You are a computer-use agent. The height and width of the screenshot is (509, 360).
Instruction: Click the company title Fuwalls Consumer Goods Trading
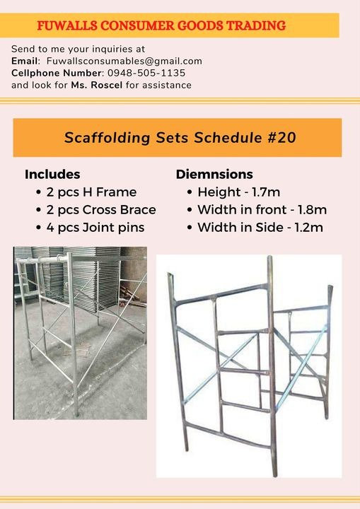click(x=161, y=25)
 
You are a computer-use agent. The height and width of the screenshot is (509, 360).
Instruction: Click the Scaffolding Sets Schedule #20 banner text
click(x=180, y=137)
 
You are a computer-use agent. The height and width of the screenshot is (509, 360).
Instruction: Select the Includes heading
click(x=52, y=174)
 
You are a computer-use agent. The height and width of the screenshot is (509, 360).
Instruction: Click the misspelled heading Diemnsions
click(x=214, y=174)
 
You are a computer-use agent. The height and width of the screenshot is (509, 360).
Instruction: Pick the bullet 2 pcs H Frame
click(x=91, y=192)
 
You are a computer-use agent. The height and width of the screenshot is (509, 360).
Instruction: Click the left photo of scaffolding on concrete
click(x=80, y=332)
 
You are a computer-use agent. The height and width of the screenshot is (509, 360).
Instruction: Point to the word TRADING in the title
click(x=257, y=25)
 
